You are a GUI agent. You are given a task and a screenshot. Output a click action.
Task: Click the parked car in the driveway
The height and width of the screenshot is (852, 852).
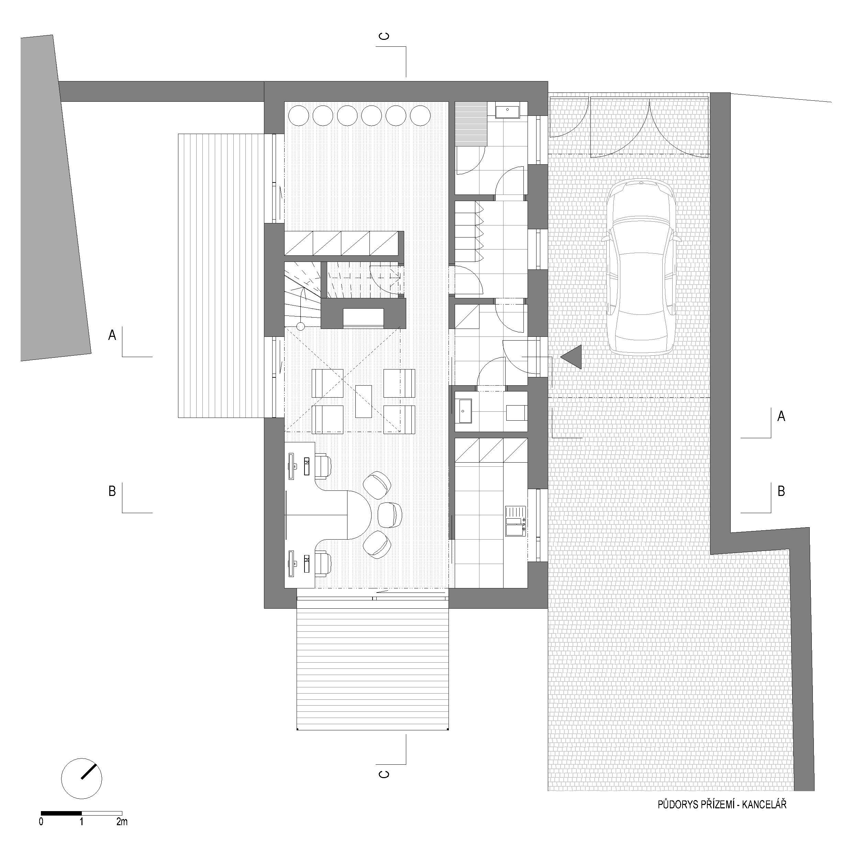click(642, 266)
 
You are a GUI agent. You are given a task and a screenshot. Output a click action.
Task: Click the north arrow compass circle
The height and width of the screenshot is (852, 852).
click(81, 778)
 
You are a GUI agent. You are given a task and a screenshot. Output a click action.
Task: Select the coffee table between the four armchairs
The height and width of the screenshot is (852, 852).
click(363, 401)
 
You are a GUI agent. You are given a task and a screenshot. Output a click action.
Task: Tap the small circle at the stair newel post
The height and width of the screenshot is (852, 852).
click(300, 327)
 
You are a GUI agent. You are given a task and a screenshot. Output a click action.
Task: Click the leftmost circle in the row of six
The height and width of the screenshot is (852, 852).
click(299, 116)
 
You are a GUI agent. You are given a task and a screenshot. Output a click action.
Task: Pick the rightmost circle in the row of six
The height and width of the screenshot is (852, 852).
click(420, 116)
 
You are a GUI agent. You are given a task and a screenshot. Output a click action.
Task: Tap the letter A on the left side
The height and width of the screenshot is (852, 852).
click(112, 335)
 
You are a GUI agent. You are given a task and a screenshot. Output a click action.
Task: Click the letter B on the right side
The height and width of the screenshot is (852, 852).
click(781, 491)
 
